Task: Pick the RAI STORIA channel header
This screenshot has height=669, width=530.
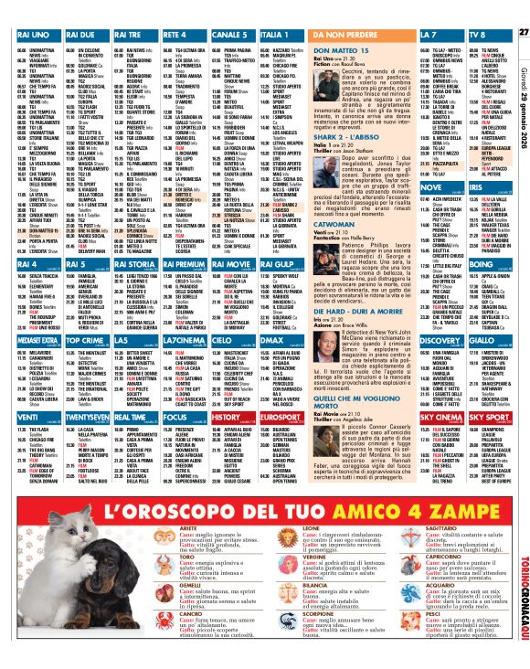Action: [x=134, y=264]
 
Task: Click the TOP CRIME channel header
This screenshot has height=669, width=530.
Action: [x=85, y=339]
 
